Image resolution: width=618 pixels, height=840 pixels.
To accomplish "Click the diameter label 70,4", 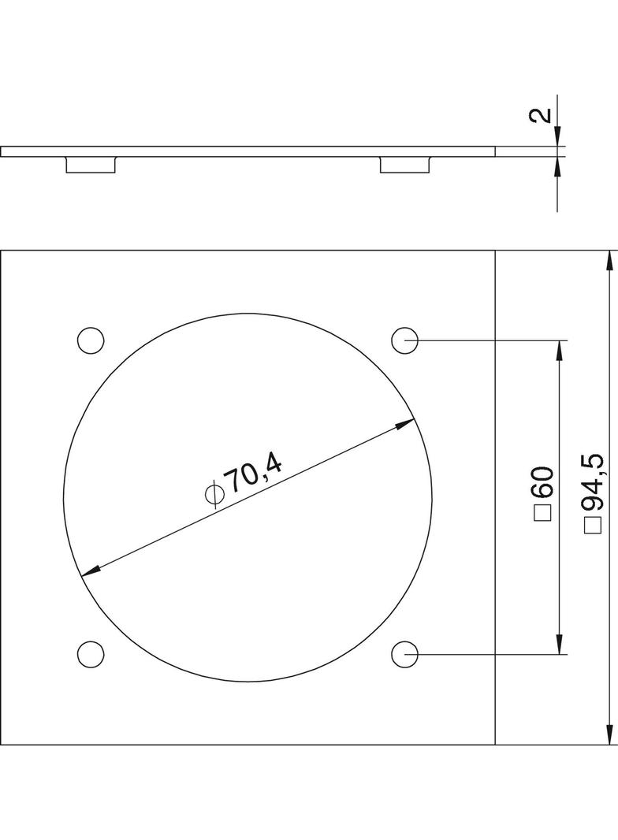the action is point(254,470).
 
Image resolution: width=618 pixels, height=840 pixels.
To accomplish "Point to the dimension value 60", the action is point(542,483).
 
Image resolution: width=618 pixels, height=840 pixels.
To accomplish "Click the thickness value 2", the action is point(543,114).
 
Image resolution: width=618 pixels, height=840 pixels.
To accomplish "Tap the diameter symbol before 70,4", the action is point(214,492).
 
